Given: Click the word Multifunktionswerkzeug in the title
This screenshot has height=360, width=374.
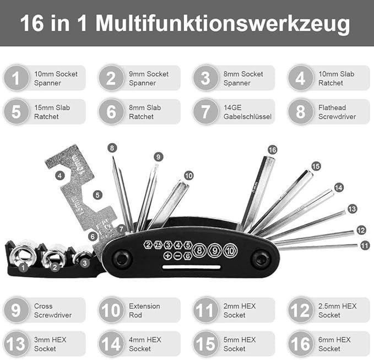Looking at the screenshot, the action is (x=223, y=24).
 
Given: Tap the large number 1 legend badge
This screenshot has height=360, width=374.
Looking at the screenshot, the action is (x=16, y=78).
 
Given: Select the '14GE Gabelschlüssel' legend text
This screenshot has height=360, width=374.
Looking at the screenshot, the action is (x=247, y=112).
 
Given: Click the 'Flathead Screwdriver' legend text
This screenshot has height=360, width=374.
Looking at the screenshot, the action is (x=337, y=112).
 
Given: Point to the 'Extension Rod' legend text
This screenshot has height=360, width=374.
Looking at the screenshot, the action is (x=144, y=310).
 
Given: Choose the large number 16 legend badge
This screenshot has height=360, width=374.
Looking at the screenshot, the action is (x=301, y=344).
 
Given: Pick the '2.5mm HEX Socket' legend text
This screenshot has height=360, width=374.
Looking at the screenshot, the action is (x=337, y=310).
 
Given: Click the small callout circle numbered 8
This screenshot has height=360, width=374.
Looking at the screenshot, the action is (x=112, y=148).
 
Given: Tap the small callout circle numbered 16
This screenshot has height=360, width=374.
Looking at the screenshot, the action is (x=273, y=150).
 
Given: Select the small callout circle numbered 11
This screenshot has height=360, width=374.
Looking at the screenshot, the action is (x=365, y=245).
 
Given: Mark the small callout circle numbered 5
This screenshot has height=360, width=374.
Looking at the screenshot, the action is (x=97, y=195).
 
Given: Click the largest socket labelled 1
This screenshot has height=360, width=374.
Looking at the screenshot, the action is (x=23, y=256).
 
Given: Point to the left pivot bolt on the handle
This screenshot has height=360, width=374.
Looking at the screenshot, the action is (x=122, y=259).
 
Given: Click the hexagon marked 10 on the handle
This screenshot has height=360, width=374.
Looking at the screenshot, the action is (x=230, y=250).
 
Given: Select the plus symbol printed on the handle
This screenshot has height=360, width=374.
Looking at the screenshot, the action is (x=168, y=256).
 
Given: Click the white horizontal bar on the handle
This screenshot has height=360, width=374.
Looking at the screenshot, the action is (x=191, y=267).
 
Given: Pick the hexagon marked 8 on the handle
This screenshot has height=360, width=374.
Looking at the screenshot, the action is (x=199, y=250).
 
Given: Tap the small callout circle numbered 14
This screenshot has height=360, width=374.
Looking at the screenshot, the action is (x=339, y=187).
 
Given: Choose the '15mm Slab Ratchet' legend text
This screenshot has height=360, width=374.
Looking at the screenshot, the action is (x=52, y=112).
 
